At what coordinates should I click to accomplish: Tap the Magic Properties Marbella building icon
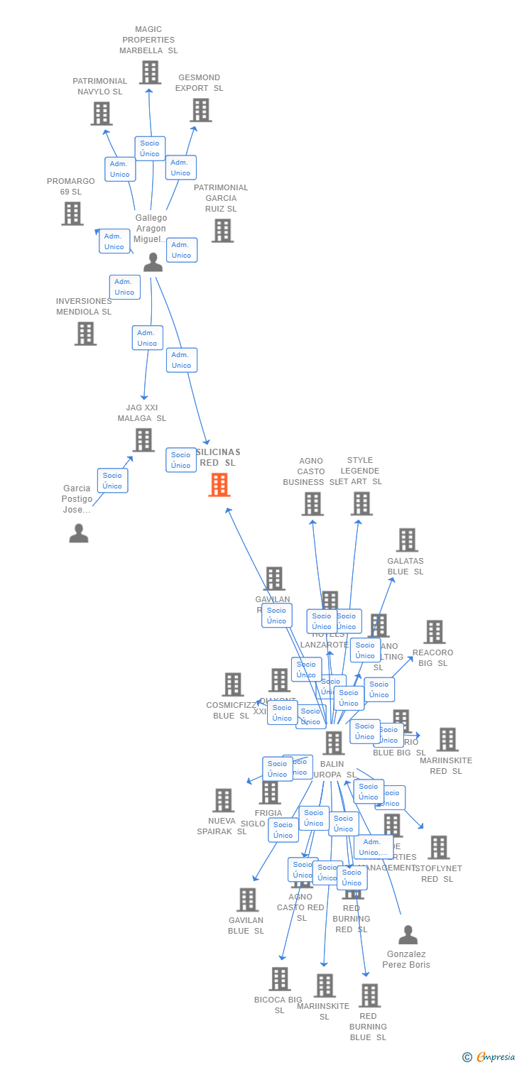(150, 72)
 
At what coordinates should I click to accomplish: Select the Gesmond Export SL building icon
(201, 110)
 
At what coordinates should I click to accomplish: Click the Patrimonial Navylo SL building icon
(102, 114)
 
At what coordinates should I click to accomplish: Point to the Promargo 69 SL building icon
(72, 214)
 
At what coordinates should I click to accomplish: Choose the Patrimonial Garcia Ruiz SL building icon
(222, 231)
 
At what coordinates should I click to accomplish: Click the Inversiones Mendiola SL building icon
(85, 334)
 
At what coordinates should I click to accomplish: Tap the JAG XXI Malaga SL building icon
(143, 440)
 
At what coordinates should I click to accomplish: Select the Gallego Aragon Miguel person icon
(153, 263)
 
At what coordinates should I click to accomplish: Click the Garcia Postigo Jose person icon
(79, 533)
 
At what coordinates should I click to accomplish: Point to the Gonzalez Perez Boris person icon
(408, 935)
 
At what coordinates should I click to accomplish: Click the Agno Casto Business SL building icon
(312, 504)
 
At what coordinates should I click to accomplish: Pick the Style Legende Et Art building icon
(361, 504)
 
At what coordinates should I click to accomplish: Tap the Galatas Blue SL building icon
(407, 540)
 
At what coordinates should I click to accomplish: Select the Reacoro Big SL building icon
(434, 632)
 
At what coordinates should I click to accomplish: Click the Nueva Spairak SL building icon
(223, 800)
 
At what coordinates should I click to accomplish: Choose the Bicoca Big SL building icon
(280, 979)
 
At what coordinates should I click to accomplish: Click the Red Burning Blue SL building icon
(369, 995)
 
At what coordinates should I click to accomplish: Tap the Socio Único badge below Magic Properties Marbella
(150, 148)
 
